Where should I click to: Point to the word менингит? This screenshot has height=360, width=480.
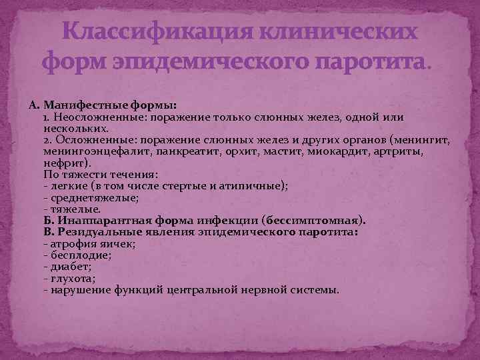(424, 140)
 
